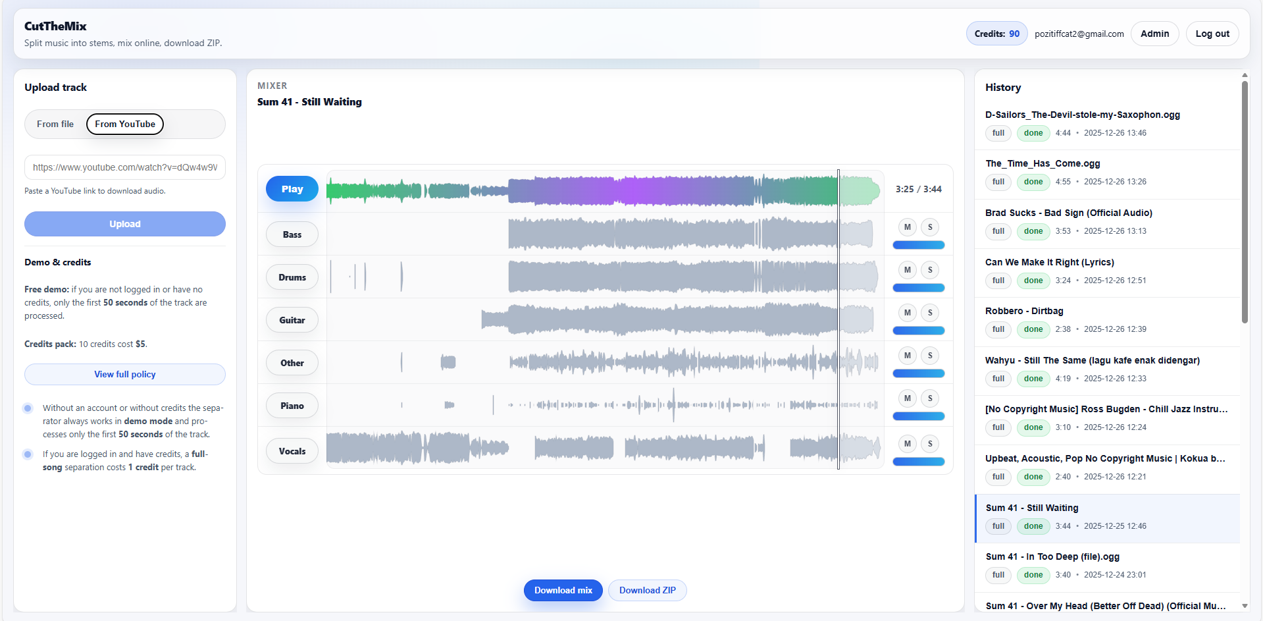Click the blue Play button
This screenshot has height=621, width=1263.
point(292,189)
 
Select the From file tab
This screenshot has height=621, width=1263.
point(55,124)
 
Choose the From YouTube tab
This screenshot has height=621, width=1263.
point(125,124)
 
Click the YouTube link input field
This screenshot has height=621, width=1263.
point(125,167)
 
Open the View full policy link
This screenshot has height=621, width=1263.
point(125,374)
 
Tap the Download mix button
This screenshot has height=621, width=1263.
point(563,590)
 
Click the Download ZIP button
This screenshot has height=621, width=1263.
point(647,590)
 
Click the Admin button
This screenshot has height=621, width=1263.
point(1154,34)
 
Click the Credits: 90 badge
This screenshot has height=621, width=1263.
point(996,34)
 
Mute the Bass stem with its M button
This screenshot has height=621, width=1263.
point(907,227)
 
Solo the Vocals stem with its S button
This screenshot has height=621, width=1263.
point(930,444)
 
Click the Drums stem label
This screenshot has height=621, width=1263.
point(292,277)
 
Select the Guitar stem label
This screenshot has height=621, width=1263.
point(292,320)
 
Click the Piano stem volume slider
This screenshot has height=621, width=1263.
point(918,416)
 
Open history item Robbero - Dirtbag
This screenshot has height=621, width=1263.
point(1023,311)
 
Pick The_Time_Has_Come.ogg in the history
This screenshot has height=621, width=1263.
point(1042,163)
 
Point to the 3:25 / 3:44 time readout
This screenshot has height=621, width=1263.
point(918,189)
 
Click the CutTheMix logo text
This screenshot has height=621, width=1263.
point(55,26)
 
